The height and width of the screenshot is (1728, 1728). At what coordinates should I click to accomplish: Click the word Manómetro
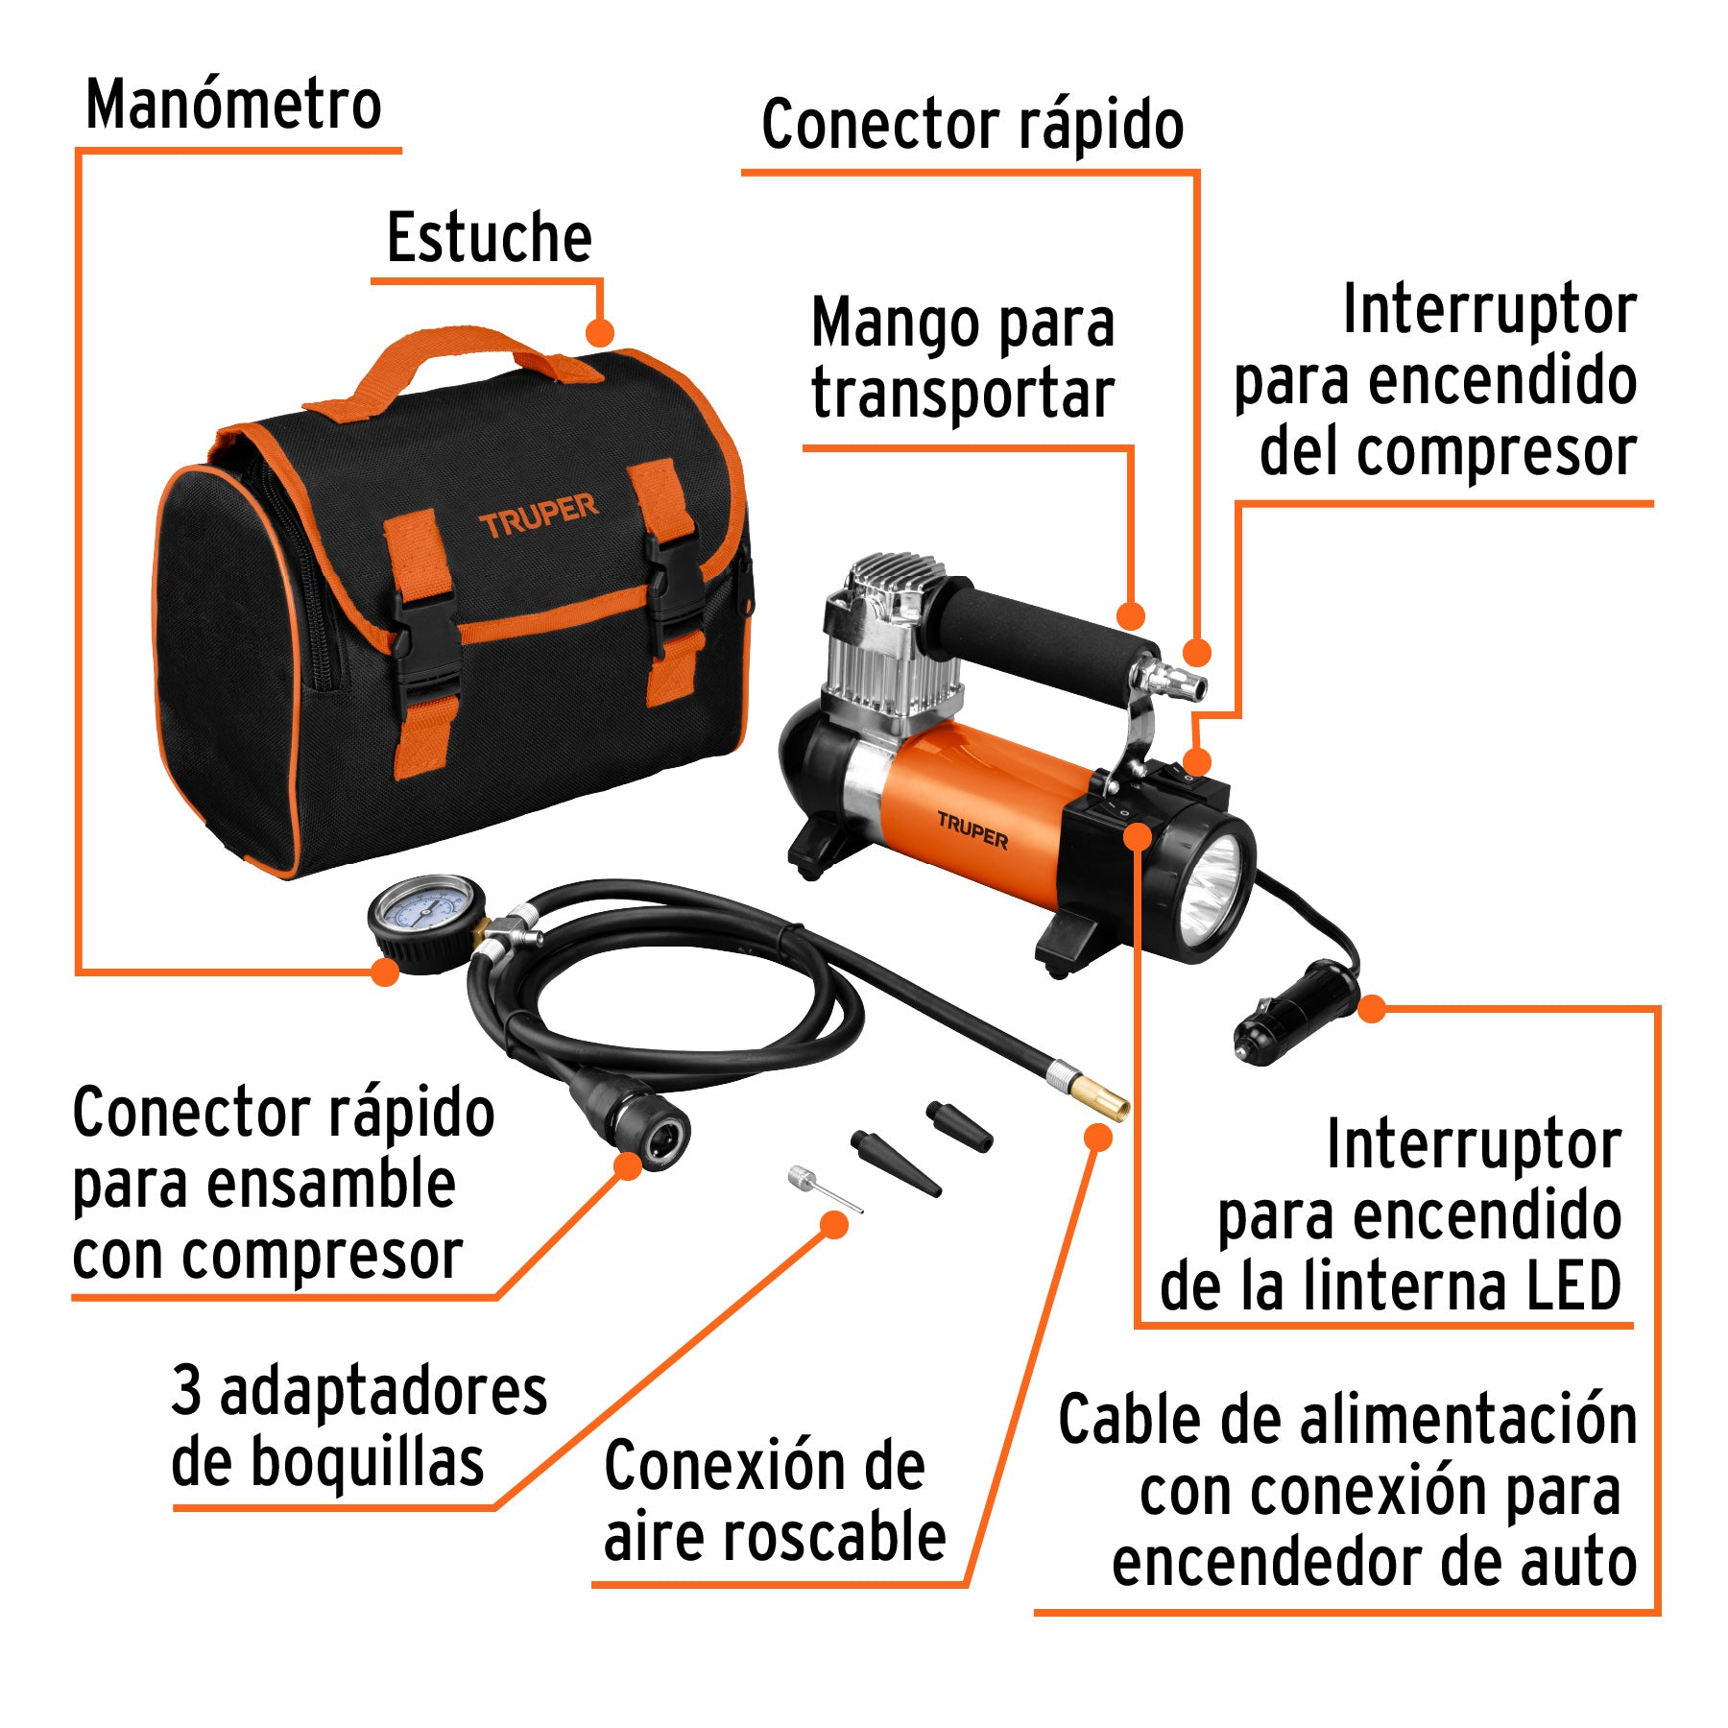(233, 105)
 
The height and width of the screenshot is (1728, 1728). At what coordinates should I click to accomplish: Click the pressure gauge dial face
(425, 911)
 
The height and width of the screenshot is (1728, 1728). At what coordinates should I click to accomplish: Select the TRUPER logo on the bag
(538, 516)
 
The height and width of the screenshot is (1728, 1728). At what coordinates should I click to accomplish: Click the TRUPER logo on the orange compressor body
(972, 831)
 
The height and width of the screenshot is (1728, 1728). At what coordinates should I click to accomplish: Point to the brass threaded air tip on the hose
(1104, 1098)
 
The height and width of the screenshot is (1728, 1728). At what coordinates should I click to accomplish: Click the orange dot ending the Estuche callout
(599, 333)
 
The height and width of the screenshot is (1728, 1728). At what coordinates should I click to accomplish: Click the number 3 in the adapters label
(187, 1389)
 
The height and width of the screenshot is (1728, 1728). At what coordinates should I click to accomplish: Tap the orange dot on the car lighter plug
(1371, 1009)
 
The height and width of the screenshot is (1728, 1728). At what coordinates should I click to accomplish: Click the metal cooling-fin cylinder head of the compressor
(888, 634)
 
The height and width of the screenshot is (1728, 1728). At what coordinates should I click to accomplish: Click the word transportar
(962, 394)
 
